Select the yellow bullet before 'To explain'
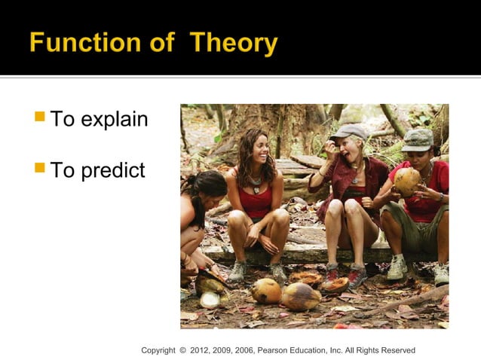click(x=40, y=117)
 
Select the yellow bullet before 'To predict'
click(x=40, y=169)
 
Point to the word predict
click(x=112, y=170)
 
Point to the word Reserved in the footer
click(x=397, y=350)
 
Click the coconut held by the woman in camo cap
click(x=406, y=182)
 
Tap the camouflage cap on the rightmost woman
click(x=418, y=139)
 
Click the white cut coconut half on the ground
click(x=210, y=300)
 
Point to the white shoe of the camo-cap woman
click(x=397, y=267)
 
